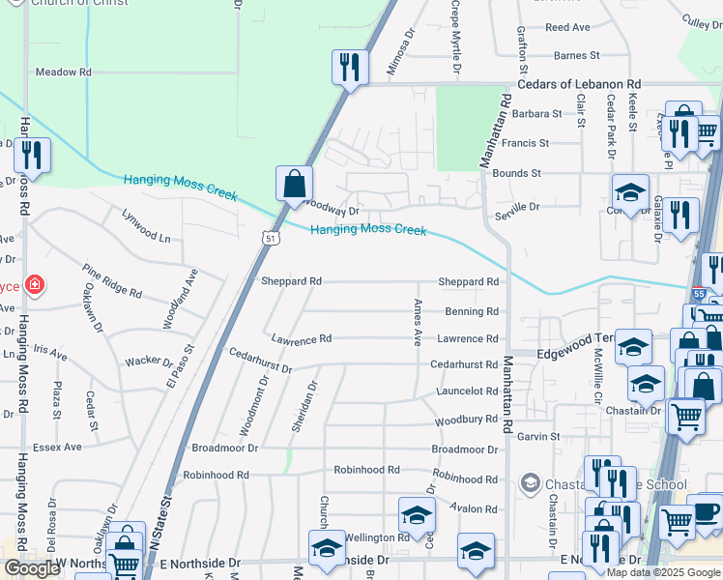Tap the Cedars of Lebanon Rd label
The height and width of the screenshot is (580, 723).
pos(579,85)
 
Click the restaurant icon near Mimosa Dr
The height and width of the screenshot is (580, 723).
pos(350,68)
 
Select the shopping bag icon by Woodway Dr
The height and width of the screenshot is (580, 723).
pos(294,184)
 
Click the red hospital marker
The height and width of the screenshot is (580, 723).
pos(34,284)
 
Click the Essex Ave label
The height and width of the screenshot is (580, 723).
pos(58,448)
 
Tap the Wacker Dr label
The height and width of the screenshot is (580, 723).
pos(148,362)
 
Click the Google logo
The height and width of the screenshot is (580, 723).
pos(32,568)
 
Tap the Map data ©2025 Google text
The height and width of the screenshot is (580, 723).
pos(664,572)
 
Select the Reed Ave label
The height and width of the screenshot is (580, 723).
pos(567,28)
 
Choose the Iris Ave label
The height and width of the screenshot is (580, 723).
pos(50,356)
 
